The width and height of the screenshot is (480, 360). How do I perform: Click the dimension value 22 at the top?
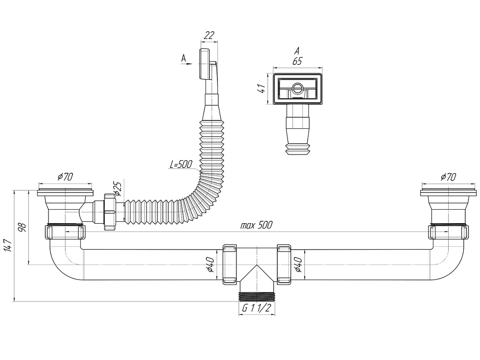coord(209,35)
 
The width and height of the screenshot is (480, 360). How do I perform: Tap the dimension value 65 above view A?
coord(297,61)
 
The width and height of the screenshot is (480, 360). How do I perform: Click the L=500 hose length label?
coord(180,164)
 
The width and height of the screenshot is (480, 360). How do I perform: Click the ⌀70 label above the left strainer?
coord(65,177)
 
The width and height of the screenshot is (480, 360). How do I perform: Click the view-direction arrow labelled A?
coord(187,62)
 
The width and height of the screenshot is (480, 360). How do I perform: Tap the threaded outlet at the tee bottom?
coord(256,295)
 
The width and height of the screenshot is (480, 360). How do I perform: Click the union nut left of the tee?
coord(229,264)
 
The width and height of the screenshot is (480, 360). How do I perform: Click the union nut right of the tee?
coord(284,264)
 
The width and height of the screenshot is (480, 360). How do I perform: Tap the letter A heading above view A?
coord(297,50)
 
